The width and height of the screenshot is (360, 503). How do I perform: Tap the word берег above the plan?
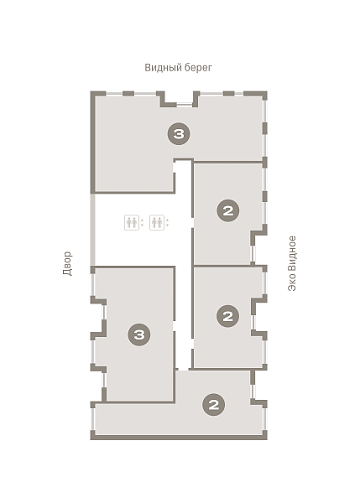click(x=199, y=68)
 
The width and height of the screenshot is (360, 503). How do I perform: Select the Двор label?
click(x=67, y=263)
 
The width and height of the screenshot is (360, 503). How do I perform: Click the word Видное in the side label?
click(x=291, y=256)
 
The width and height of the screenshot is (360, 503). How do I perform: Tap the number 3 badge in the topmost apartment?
click(x=179, y=133)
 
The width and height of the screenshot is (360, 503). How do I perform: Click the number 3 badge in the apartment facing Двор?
click(x=139, y=334)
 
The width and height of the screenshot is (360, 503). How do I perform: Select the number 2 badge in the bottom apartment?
click(x=213, y=405)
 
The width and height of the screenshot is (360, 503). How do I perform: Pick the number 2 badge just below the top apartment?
click(x=228, y=210)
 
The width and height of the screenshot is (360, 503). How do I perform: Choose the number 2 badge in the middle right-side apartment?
click(x=227, y=316)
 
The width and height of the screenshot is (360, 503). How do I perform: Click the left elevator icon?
click(x=132, y=222)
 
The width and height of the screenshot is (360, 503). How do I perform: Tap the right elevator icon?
click(x=157, y=222)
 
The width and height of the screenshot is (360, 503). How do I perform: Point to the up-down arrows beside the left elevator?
click(x=142, y=223)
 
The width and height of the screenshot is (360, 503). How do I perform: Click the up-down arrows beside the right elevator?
click(x=167, y=223)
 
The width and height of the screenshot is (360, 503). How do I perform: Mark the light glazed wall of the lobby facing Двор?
click(x=93, y=230)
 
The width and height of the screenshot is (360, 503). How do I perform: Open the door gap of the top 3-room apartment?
click(x=175, y=167)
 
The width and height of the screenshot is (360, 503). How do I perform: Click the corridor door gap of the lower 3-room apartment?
click(x=175, y=325)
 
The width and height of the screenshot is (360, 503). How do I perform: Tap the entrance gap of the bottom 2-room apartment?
click(x=183, y=370)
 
